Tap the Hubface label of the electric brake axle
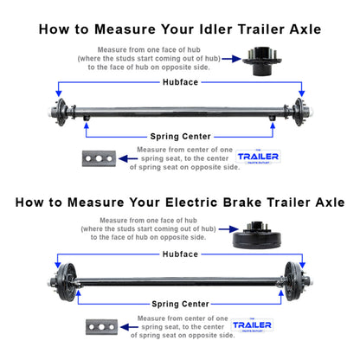tap(180, 254)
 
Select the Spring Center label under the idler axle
tap(180, 136)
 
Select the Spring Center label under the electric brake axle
tap(180, 305)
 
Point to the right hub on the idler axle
tap(301, 110)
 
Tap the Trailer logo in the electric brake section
tap(252, 327)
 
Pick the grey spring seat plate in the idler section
tap(99, 158)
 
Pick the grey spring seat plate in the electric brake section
tap(100, 327)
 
